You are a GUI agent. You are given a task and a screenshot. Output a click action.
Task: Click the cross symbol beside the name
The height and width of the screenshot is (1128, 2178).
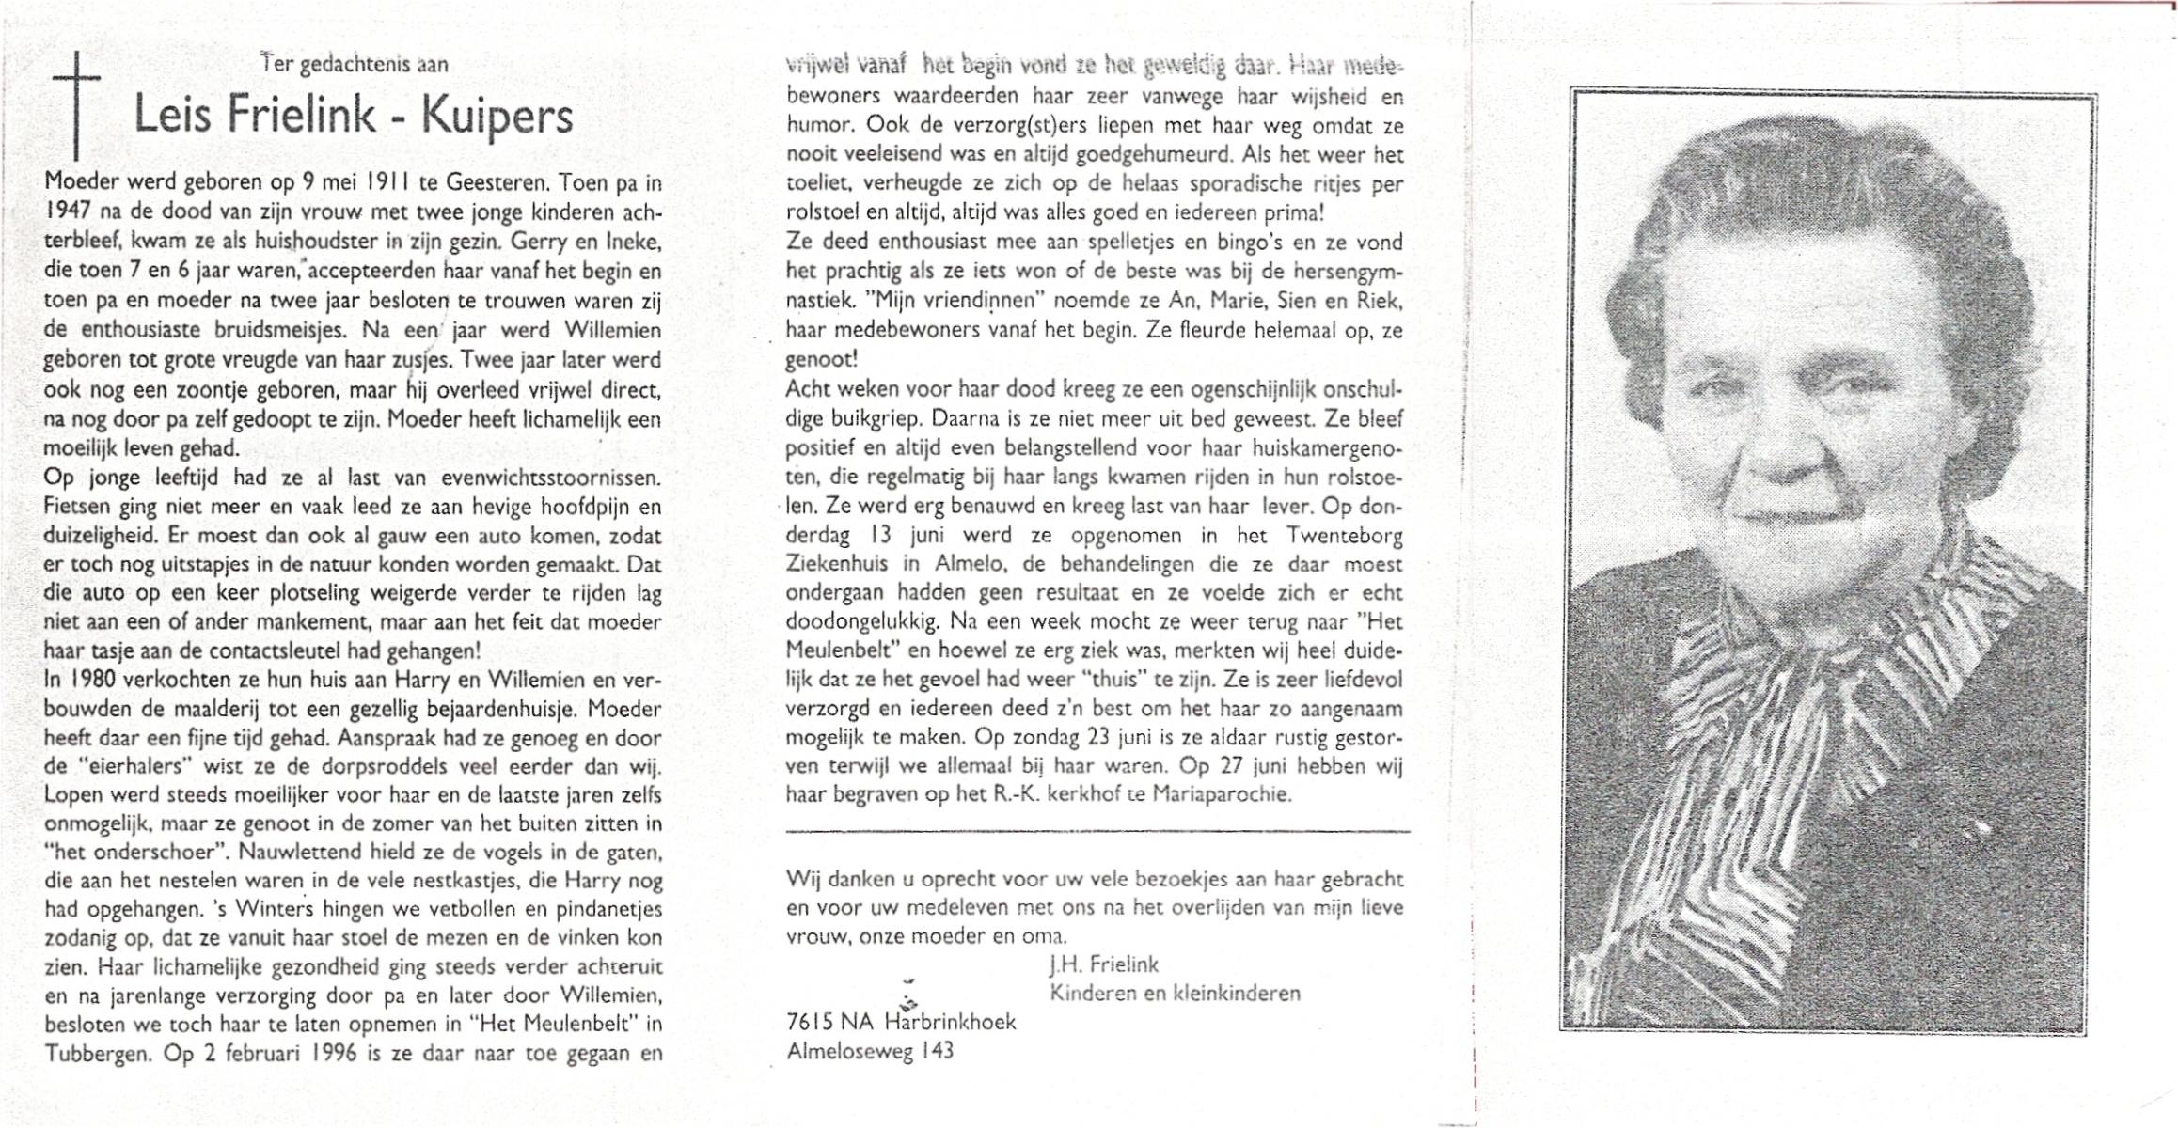pyautogui.click(x=76, y=103)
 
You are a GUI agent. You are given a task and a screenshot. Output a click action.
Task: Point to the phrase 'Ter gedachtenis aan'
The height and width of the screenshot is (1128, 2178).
pyautogui.click(x=355, y=64)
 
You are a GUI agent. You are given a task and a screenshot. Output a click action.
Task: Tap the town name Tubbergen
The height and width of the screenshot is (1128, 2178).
pyautogui.click(x=98, y=1054)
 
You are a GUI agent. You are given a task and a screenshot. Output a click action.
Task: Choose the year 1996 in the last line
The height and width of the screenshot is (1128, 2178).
pyautogui.click(x=334, y=1054)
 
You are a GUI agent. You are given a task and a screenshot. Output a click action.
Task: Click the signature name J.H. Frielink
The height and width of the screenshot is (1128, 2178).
pyautogui.click(x=1104, y=964)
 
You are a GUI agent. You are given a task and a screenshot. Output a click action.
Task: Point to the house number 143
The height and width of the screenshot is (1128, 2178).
pyautogui.click(x=938, y=1051)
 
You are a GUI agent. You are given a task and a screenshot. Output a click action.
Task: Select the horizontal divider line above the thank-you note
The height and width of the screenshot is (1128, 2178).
pyautogui.click(x=1097, y=832)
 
